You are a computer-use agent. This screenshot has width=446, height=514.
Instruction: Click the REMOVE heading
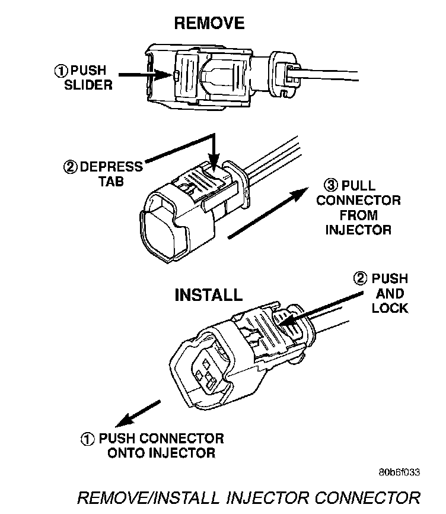pos(208,23)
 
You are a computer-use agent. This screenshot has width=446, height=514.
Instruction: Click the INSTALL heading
pos(208,295)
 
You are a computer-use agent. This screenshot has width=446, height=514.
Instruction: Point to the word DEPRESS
pos(111,167)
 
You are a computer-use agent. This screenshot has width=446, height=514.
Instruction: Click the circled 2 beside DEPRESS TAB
pos(71,167)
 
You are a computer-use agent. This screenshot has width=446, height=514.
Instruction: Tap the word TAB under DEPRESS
pos(111,182)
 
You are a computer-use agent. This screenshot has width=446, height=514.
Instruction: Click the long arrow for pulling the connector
pos(267,214)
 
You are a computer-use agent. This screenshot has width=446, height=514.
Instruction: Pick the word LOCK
pos(390,308)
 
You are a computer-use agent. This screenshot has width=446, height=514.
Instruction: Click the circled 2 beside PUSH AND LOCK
pos(360,279)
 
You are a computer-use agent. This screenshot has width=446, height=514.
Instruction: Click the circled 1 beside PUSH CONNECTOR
pos(87,440)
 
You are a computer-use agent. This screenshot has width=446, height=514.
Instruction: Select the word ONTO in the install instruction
pos(129,454)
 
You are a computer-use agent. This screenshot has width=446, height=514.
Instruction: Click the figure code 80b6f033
pos(399,472)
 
